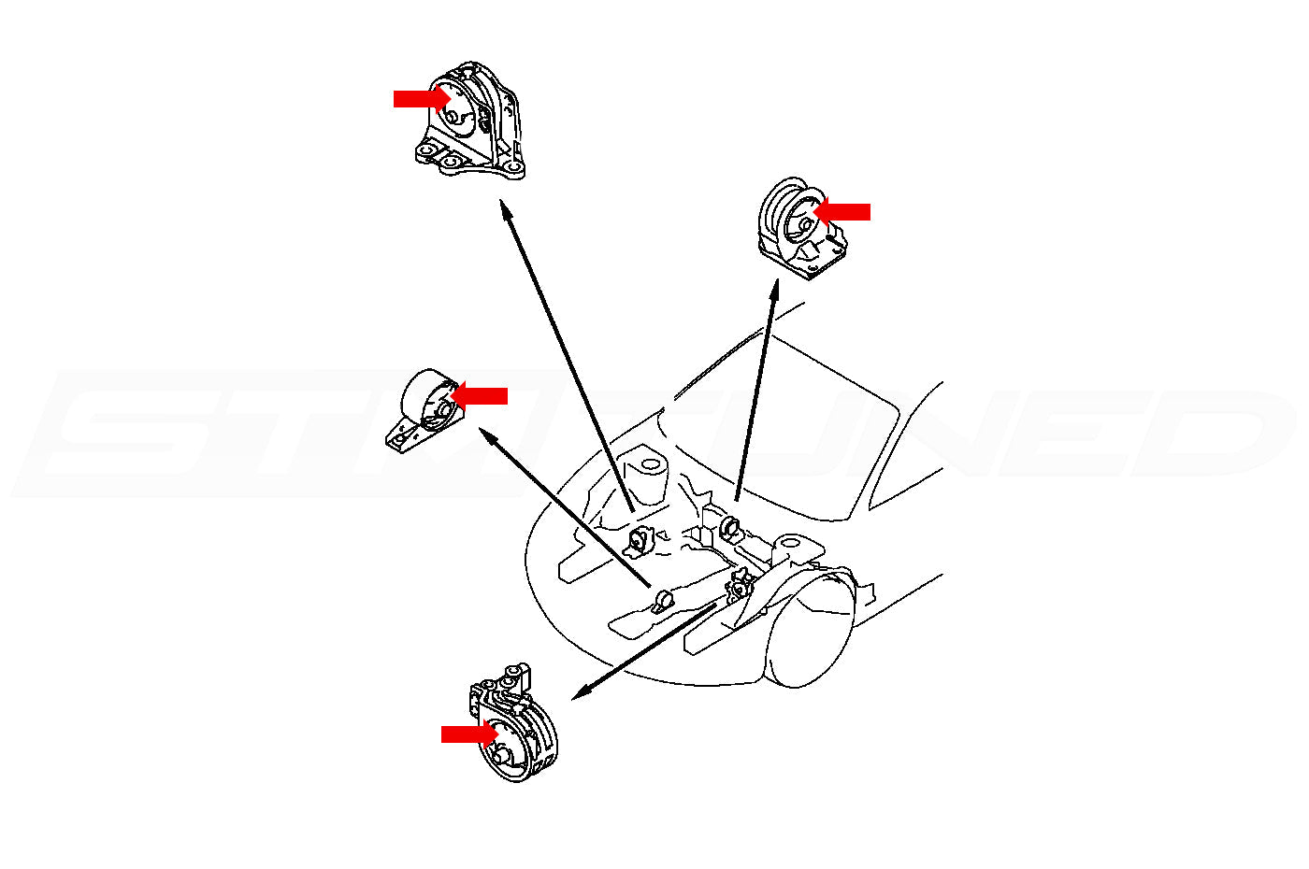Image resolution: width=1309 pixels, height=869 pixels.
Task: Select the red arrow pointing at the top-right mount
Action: point(843,212)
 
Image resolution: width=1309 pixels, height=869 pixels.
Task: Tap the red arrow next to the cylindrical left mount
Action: point(480,396)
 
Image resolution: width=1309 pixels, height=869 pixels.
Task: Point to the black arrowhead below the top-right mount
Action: point(774,289)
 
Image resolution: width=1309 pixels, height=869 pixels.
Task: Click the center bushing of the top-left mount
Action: point(451,117)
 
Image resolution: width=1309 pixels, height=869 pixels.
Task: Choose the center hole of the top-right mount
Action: point(804,225)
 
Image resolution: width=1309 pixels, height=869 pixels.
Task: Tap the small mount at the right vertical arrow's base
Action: point(731,529)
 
